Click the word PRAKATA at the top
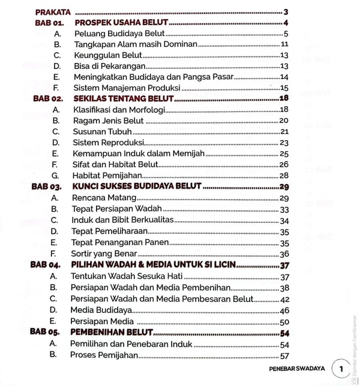tap(53, 12)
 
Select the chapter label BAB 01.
tap(53, 23)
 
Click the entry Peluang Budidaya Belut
tap(119, 34)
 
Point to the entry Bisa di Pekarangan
tap(109, 66)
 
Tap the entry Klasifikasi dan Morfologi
tap(118, 109)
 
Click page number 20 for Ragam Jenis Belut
tap(284, 120)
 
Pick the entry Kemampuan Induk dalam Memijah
tap(138, 153)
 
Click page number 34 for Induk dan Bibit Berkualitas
tap(284, 220)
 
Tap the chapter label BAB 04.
tap(46, 264)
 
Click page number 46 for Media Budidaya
tap(284, 310)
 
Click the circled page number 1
tap(341, 369)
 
